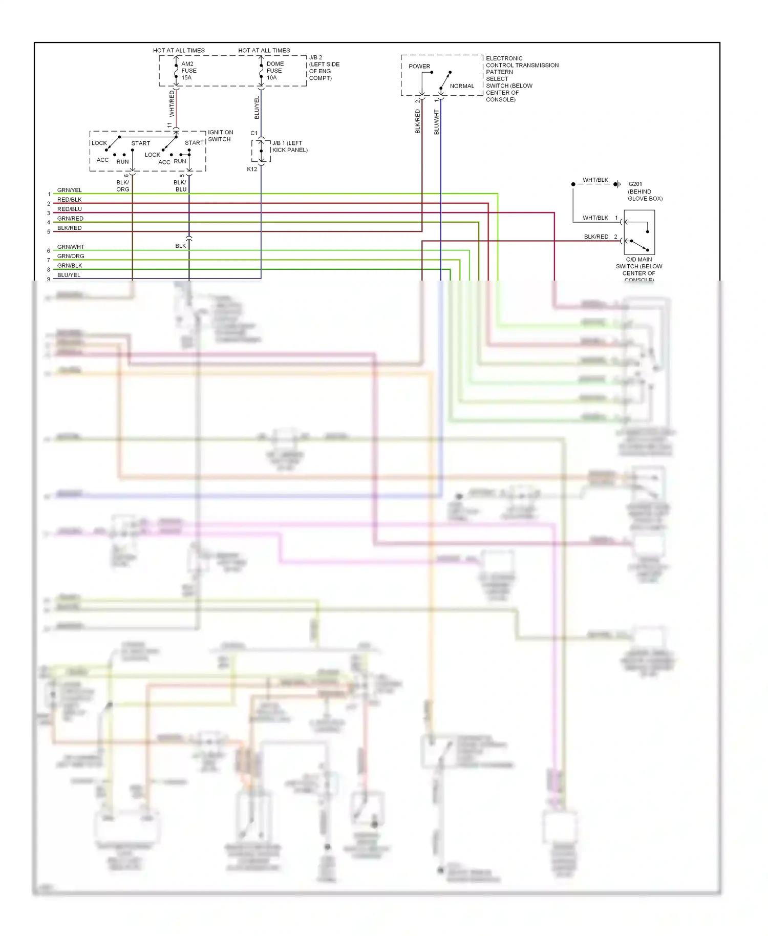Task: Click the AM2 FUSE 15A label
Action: coord(188,71)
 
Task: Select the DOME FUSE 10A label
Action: coord(274,71)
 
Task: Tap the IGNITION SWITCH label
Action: coord(220,136)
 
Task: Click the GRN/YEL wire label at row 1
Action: coord(69,190)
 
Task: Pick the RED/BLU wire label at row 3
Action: coord(69,209)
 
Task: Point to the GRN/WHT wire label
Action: coord(71,247)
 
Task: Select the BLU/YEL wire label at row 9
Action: coord(69,275)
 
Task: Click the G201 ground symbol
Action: coord(617,184)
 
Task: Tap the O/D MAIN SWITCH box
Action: coord(639,232)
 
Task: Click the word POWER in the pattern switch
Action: coord(419,66)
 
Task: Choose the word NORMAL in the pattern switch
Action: coord(462,86)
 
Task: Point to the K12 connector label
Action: coord(252,169)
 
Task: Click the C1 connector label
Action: coord(254,133)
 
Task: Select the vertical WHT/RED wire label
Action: coord(172,103)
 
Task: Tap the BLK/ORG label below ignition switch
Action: coord(123,186)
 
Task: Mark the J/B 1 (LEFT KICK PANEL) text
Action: coord(290,146)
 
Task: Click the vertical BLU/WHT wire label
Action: coord(436,122)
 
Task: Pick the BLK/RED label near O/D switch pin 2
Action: coord(596,237)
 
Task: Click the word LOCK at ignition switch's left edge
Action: coord(99,143)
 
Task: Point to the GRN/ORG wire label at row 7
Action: coord(71,256)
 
